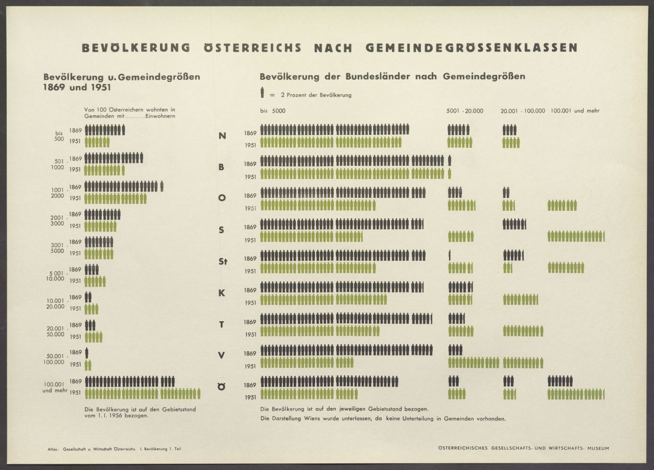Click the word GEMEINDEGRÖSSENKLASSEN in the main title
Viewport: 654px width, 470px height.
tap(472, 48)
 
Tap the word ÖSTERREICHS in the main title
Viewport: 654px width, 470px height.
tap(252, 48)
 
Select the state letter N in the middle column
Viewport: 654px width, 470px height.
tap(222, 136)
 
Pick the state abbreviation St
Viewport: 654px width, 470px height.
tap(222, 262)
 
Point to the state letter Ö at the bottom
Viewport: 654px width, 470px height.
tap(222, 387)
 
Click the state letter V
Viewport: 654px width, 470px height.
tap(222, 356)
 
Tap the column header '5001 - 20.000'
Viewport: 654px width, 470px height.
tap(464, 111)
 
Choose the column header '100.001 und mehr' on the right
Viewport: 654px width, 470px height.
tap(575, 111)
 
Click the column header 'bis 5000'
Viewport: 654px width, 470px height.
tap(272, 111)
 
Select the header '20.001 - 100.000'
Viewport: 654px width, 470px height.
tap(523, 111)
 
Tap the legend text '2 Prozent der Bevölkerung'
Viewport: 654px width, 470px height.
tap(316, 95)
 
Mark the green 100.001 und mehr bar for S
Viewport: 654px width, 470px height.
tap(576, 236)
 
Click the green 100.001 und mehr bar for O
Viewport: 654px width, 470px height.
tap(562, 206)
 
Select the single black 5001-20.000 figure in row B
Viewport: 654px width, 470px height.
tap(450, 161)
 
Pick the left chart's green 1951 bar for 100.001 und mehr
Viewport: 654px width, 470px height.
tap(142, 393)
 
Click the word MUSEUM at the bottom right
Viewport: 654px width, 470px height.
tap(598, 449)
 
